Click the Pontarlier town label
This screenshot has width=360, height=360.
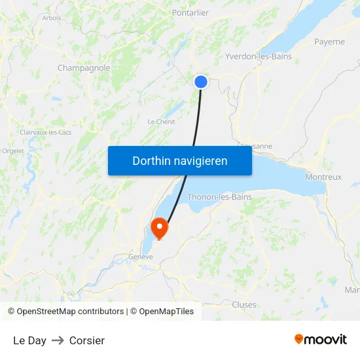tap(190, 12)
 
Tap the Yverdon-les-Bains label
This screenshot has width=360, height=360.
tap(258, 56)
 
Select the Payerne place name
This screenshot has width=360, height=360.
tap(329, 42)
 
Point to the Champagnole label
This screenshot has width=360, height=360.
tap(84, 67)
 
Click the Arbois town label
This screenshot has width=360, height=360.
tap(52, 18)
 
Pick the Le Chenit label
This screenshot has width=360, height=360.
tap(161, 122)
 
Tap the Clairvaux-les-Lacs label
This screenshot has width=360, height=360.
tap(46, 132)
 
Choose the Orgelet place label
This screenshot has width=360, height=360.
tap(13, 151)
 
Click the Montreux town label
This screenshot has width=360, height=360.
tap(323, 177)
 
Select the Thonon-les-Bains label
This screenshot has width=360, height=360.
tap(219, 196)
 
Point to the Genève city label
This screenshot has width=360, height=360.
tap(141, 257)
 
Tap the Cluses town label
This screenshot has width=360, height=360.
tap(244, 304)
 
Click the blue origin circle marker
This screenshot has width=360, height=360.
tap(201, 82)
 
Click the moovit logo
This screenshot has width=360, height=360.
tap(321, 340)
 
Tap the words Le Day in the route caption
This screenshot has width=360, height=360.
tap(29, 340)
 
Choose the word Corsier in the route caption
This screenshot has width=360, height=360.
tap(87, 340)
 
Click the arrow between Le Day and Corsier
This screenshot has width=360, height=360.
tap(58, 340)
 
